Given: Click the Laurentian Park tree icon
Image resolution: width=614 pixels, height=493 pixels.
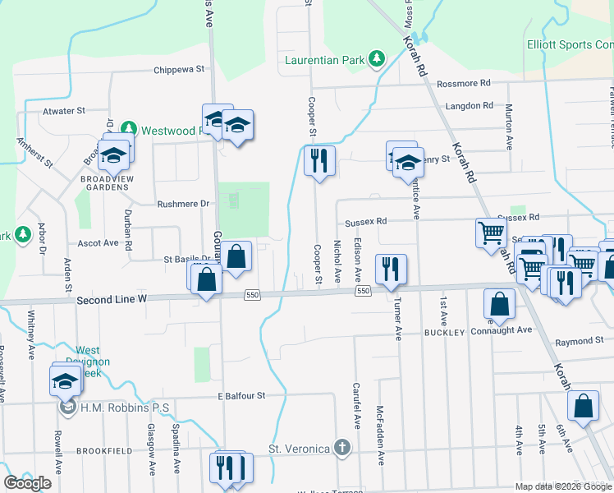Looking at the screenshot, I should coord(376,59).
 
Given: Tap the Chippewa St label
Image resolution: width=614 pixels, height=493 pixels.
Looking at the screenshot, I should coord(179,70).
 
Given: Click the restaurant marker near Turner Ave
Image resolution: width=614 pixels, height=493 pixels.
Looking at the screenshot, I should coord(390,268).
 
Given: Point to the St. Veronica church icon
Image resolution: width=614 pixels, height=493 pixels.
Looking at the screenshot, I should coord(342,449).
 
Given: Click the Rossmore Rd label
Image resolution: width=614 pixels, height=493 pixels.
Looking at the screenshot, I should coord(463,83).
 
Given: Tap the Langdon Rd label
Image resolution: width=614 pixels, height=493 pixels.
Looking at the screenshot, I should coord(469,106).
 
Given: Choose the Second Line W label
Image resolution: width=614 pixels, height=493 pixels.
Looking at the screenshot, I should coord(111,300).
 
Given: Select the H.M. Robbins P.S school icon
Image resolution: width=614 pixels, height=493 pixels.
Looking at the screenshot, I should coord(67,408).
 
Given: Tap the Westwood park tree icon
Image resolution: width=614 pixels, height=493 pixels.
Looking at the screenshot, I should coord(128,130).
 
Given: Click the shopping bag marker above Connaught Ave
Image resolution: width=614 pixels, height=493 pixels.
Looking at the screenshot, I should coord(499,303).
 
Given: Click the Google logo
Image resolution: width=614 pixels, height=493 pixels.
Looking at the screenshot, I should coord(28,483).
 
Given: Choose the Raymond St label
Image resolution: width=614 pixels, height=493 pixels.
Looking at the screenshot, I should coord(579,341).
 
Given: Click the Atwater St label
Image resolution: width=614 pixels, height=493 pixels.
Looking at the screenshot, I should coord(63,110).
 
